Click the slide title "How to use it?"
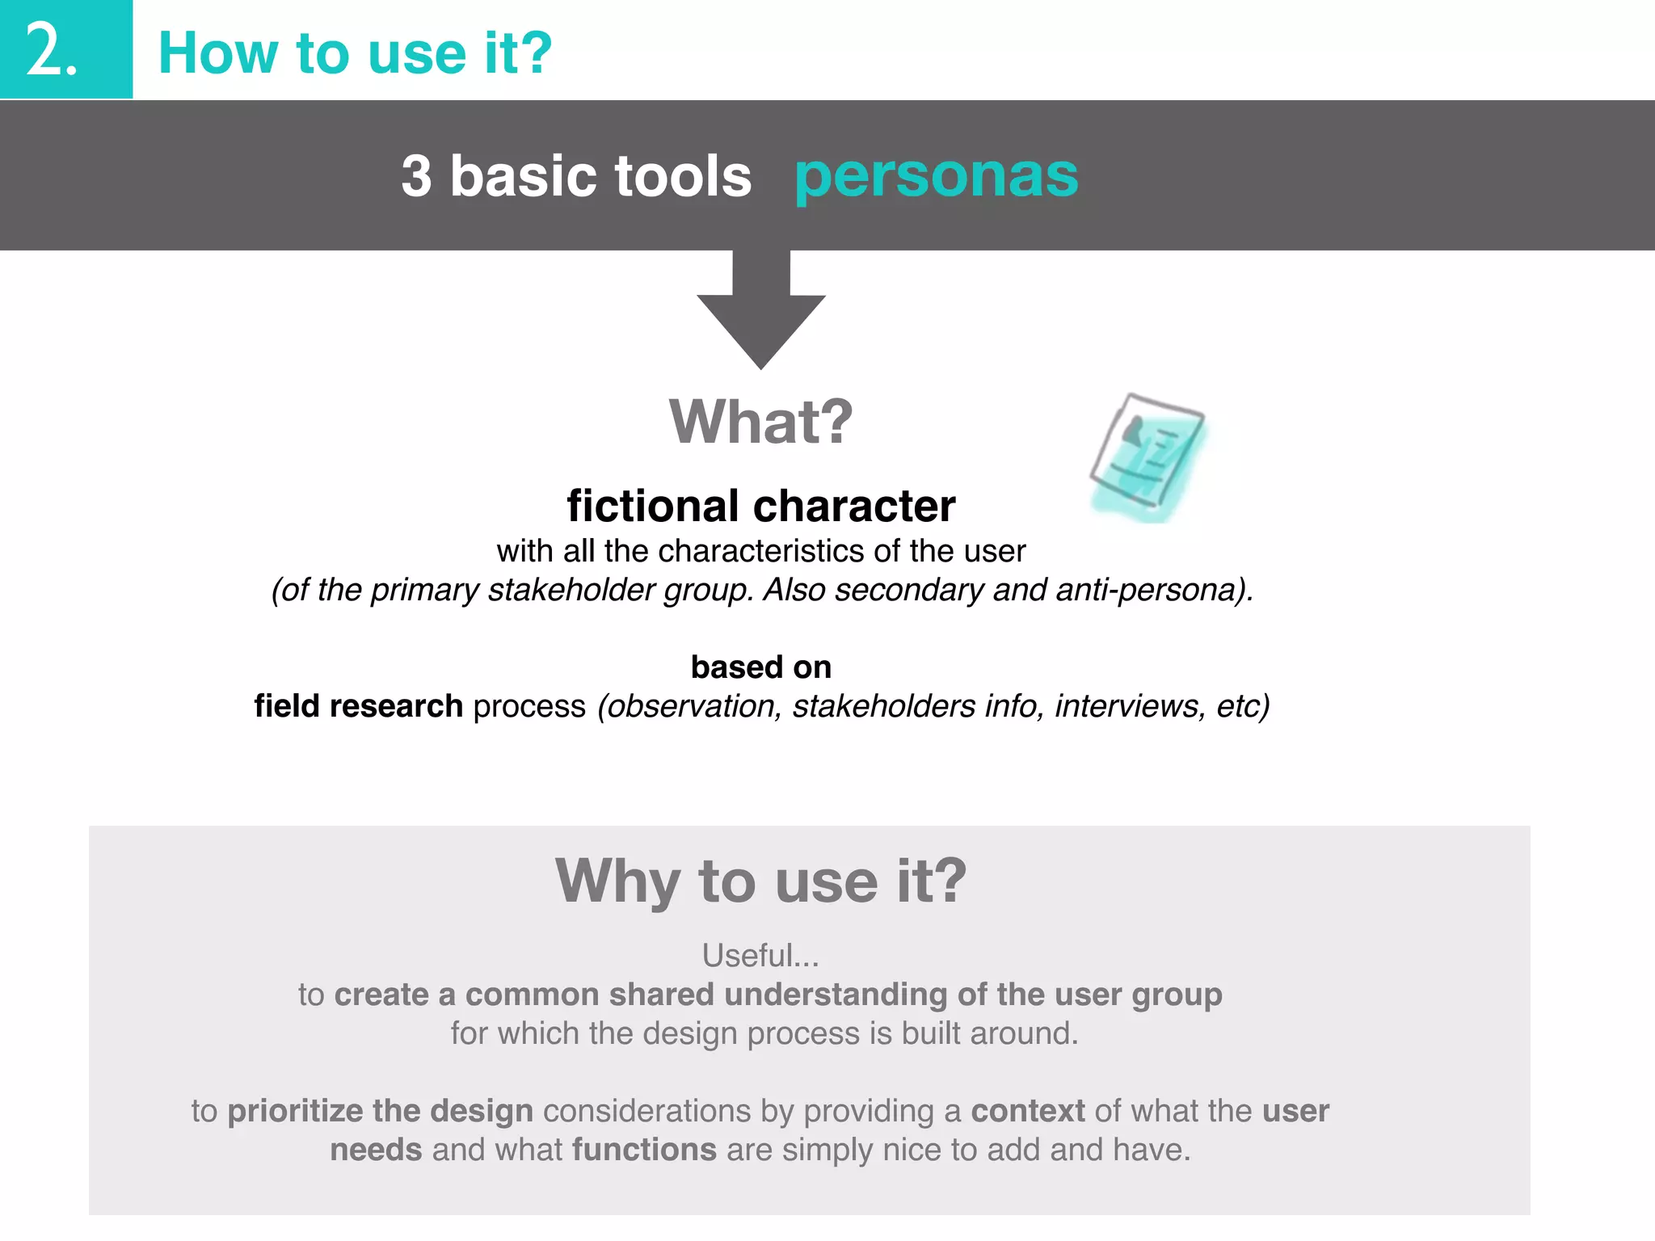(355, 53)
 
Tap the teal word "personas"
(936, 175)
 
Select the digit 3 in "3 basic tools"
(416, 176)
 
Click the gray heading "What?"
(760, 422)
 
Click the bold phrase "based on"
(760, 667)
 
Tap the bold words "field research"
(358, 706)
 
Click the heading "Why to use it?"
(760, 881)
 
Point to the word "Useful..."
(760, 956)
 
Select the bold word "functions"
(644, 1150)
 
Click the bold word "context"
(1027, 1111)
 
